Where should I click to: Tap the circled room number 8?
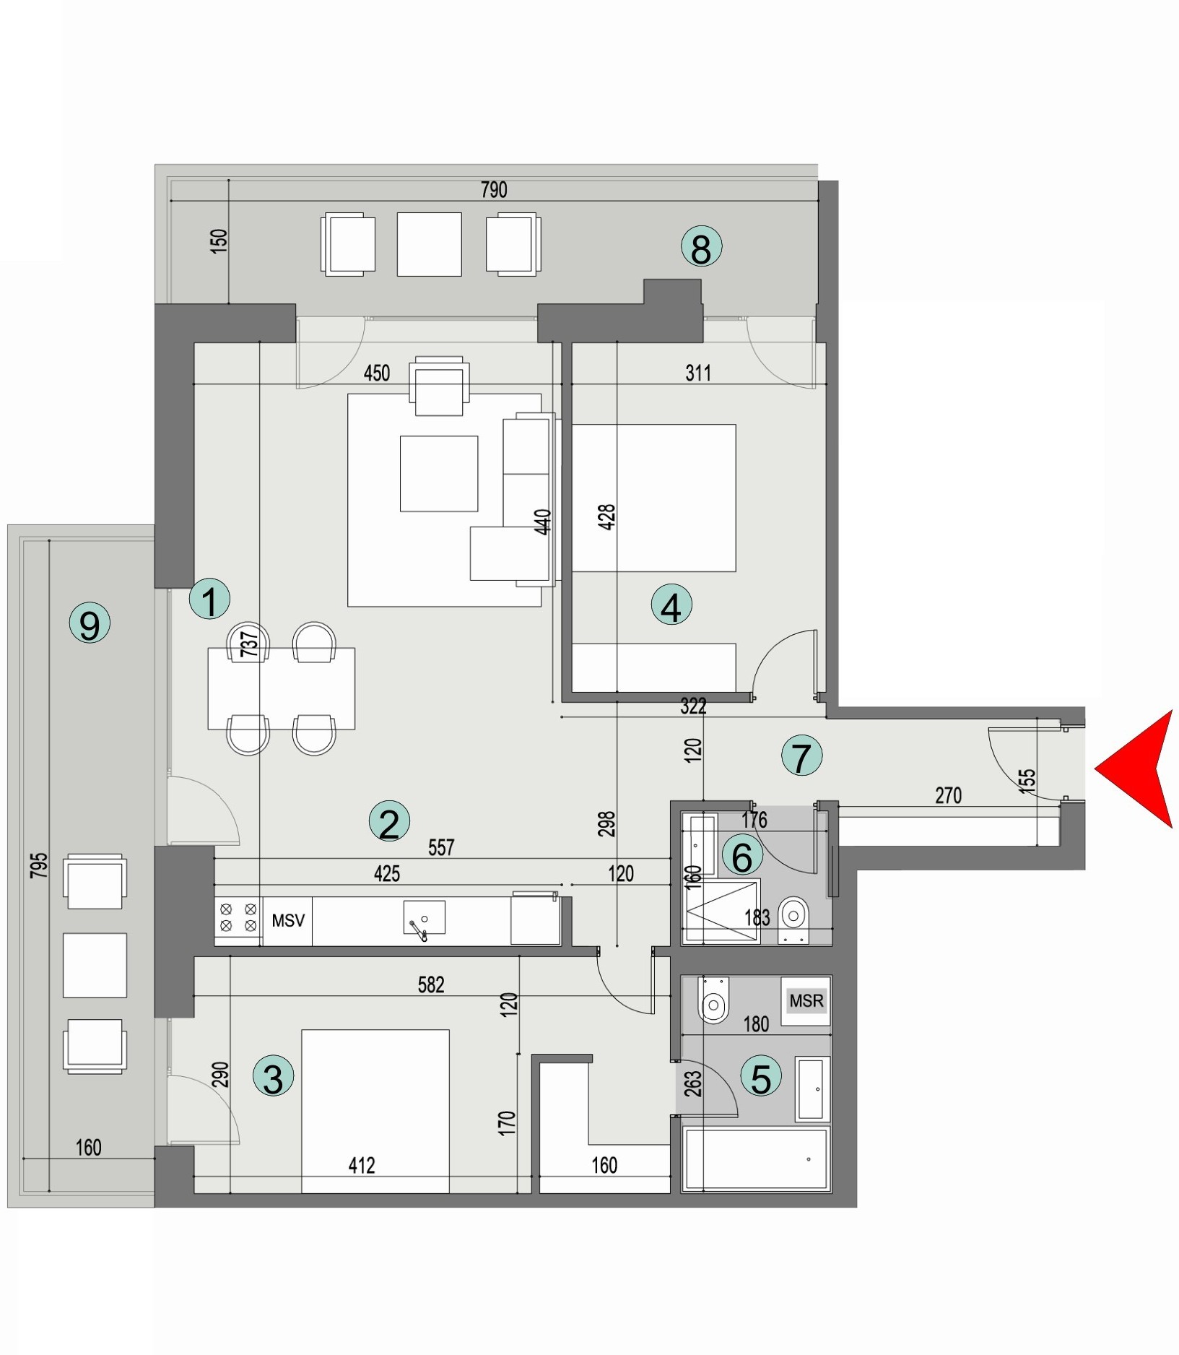coord(701,248)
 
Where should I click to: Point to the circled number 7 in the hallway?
coord(801,756)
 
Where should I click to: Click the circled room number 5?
coord(762,1077)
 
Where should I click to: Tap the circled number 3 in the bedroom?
coord(273,1078)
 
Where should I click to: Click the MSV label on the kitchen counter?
coord(288,921)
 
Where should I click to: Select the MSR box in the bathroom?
coord(806,1001)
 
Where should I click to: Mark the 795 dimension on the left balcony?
coord(39,865)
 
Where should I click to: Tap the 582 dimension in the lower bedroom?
coord(430,984)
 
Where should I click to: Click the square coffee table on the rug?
coord(439,473)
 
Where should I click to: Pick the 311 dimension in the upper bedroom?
coord(698,373)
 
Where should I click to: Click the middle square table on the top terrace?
coord(429,244)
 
